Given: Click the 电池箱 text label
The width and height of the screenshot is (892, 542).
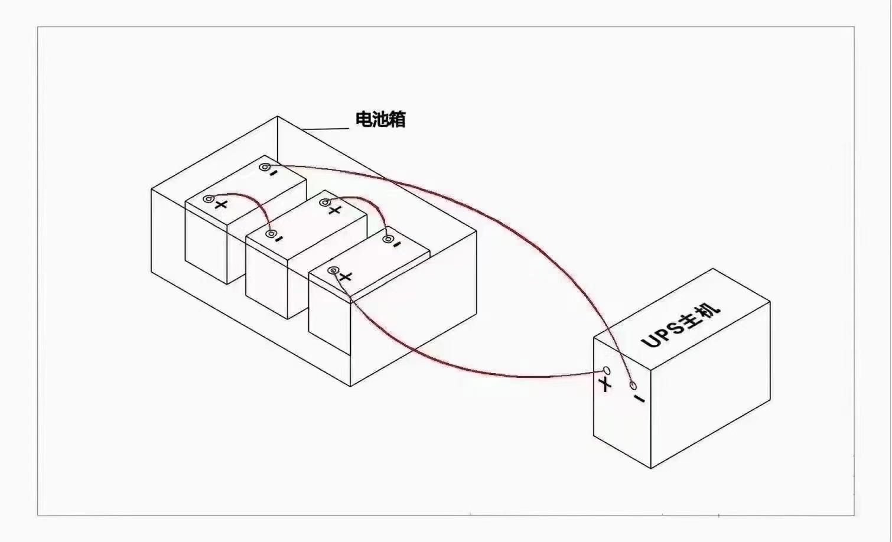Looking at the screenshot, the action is [380, 119].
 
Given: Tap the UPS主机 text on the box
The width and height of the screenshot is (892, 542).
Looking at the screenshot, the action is [681, 326].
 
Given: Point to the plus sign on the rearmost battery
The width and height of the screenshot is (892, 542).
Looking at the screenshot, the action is [221, 205].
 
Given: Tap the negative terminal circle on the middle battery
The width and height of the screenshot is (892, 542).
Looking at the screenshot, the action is [271, 234].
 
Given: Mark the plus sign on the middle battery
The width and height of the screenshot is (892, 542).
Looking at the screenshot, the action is [335, 210].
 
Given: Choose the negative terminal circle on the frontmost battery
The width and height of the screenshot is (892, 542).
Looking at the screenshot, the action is [388, 239].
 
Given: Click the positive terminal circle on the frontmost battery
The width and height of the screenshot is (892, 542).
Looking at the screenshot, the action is [333, 270].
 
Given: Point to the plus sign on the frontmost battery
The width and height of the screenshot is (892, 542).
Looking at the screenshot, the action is [346, 276].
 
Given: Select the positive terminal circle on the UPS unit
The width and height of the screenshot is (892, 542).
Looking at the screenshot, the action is [607, 371].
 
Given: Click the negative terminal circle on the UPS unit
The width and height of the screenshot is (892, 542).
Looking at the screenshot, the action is [633, 385].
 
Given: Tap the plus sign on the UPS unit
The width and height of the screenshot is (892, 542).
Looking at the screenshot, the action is [605, 384].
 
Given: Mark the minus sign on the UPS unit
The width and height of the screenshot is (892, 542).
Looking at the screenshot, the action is [639, 399].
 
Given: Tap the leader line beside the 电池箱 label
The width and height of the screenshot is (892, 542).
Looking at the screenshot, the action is [325, 129].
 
